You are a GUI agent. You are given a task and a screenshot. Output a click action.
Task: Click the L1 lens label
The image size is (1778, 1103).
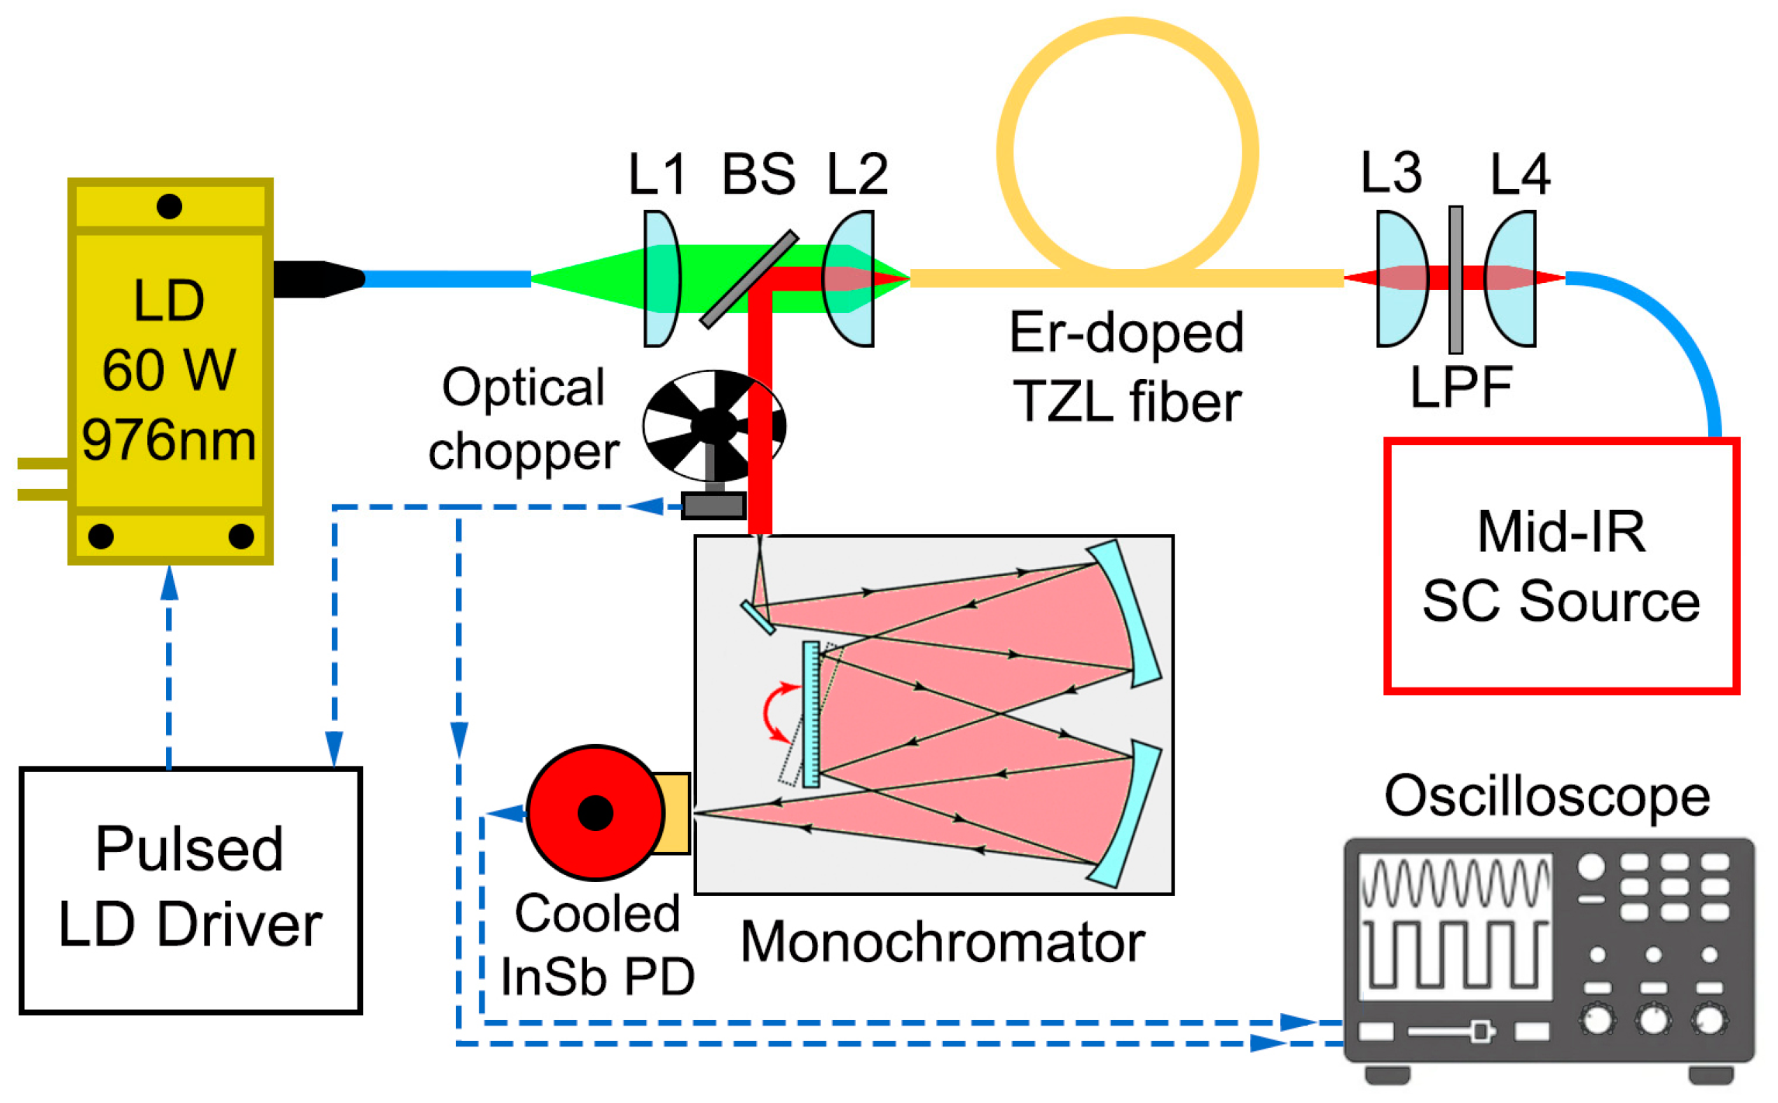656,174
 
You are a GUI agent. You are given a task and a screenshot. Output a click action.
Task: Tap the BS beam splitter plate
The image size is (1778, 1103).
748,279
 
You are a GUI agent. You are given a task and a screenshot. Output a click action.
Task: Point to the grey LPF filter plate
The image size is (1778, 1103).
1455,279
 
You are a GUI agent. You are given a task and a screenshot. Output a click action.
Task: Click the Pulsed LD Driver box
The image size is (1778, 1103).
190,890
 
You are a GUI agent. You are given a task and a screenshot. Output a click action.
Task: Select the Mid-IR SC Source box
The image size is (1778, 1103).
1560,566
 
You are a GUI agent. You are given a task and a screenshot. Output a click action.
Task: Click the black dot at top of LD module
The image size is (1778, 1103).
169,206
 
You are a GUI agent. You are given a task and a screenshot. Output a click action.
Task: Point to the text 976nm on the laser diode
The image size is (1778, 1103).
169,440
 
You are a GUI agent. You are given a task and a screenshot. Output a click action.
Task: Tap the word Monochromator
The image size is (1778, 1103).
942,943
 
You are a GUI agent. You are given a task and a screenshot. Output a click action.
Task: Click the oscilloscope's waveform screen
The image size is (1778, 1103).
1455,925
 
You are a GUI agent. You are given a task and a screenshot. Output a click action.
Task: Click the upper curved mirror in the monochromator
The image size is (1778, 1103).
1124,612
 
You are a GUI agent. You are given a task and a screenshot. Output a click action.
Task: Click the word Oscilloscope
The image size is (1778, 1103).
1547,796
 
